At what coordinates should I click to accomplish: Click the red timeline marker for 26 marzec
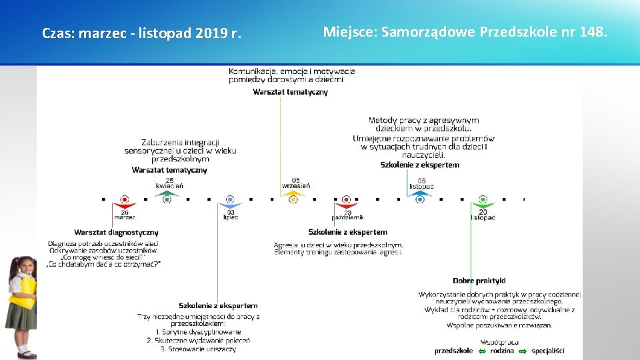(x=125, y=199)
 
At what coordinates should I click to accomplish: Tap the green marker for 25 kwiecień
(x=167, y=199)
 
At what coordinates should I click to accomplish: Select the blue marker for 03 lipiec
(x=230, y=199)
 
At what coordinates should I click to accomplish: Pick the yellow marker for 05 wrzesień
(x=293, y=199)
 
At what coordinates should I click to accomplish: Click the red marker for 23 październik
(x=346, y=199)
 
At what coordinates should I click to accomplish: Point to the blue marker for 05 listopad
(x=419, y=199)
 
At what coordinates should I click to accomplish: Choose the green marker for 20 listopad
(x=483, y=199)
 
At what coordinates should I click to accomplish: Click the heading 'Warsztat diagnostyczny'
(x=116, y=233)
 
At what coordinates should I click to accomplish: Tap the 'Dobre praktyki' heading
(x=479, y=281)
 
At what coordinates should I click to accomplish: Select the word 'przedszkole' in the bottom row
(x=453, y=351)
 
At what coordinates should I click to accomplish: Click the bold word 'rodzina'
(x=502, y=351)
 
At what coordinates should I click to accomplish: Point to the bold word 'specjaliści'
(x=547, y=351)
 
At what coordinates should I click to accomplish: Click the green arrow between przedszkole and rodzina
(x=481, y=351)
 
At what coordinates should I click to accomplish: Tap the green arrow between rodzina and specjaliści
(x=523, y=351)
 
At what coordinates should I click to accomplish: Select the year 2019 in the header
(x=211, y=33)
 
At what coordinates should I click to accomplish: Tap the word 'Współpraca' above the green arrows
(x=499, y=341)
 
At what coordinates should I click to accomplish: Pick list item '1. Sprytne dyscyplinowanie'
(x=198, y=332)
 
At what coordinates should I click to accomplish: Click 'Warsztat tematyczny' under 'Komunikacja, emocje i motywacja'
(x=290, y=92)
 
